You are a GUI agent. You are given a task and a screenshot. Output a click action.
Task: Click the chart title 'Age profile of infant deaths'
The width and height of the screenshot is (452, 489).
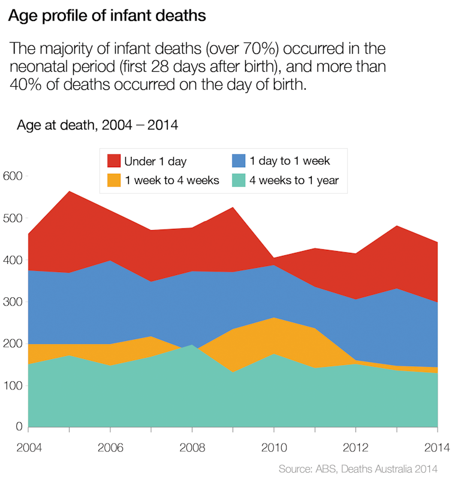click(107, 16)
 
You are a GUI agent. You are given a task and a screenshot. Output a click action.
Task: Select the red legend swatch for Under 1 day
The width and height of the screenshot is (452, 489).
click(114, 161)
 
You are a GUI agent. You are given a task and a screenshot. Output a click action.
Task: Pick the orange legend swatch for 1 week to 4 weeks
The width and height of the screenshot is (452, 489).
click(114, 180)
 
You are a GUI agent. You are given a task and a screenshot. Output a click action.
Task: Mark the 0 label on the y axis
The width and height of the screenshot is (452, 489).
click(19, 427)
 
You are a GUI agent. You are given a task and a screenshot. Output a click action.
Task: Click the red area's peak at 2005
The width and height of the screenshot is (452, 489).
click(70, 192)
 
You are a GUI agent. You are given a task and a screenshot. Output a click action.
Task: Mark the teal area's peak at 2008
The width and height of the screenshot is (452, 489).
click(192, 345)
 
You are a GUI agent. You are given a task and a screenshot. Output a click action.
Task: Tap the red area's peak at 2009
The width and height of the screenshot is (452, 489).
click(233, 208)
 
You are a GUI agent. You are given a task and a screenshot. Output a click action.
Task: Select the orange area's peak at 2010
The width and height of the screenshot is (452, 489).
click(274, 318)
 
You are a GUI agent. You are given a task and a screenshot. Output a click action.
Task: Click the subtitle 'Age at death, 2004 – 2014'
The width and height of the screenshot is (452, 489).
click(98, 126)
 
